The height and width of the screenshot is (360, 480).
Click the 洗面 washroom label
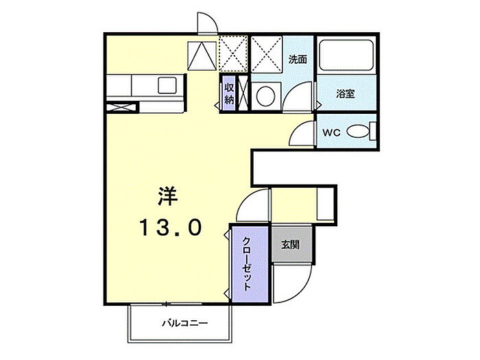298,59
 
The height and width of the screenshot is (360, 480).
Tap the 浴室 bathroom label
346,94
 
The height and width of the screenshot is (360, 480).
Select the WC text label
331,132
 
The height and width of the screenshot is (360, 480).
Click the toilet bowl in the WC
357,132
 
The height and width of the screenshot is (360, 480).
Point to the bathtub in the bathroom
346,54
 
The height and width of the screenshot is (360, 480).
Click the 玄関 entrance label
291,244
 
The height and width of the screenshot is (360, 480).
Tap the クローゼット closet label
247,264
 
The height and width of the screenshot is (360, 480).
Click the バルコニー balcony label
185,323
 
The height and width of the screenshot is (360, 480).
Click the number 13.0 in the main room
171,228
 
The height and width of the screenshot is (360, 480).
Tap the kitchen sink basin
167,86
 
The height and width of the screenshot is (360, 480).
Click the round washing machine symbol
265,96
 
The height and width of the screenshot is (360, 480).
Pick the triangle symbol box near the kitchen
202,56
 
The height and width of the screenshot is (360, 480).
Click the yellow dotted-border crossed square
233,54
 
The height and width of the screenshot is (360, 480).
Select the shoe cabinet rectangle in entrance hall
325,204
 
